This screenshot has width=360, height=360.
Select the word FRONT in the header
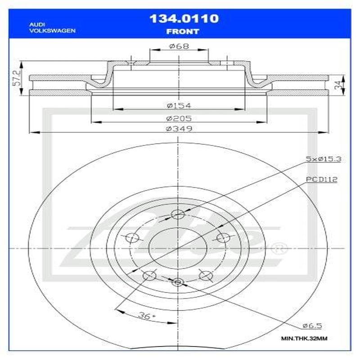pyautogui.click(x=183, y=31)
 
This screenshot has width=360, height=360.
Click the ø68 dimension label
pyautogui.click(x=178, y=46)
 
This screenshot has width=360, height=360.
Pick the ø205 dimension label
pyautogui.click(x=179, y=118)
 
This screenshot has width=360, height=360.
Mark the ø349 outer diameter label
pyautogui.click(x=179, y=129)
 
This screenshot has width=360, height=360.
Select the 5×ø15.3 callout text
pyautogui.click(x=321, y=159)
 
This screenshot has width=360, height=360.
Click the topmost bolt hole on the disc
pyautogui.click(x=178, y=215)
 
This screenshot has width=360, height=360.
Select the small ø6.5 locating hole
pyautogui.click(x=178, y=282)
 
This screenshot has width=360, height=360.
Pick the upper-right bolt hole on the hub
pyautogui.click(x=221, y=237)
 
